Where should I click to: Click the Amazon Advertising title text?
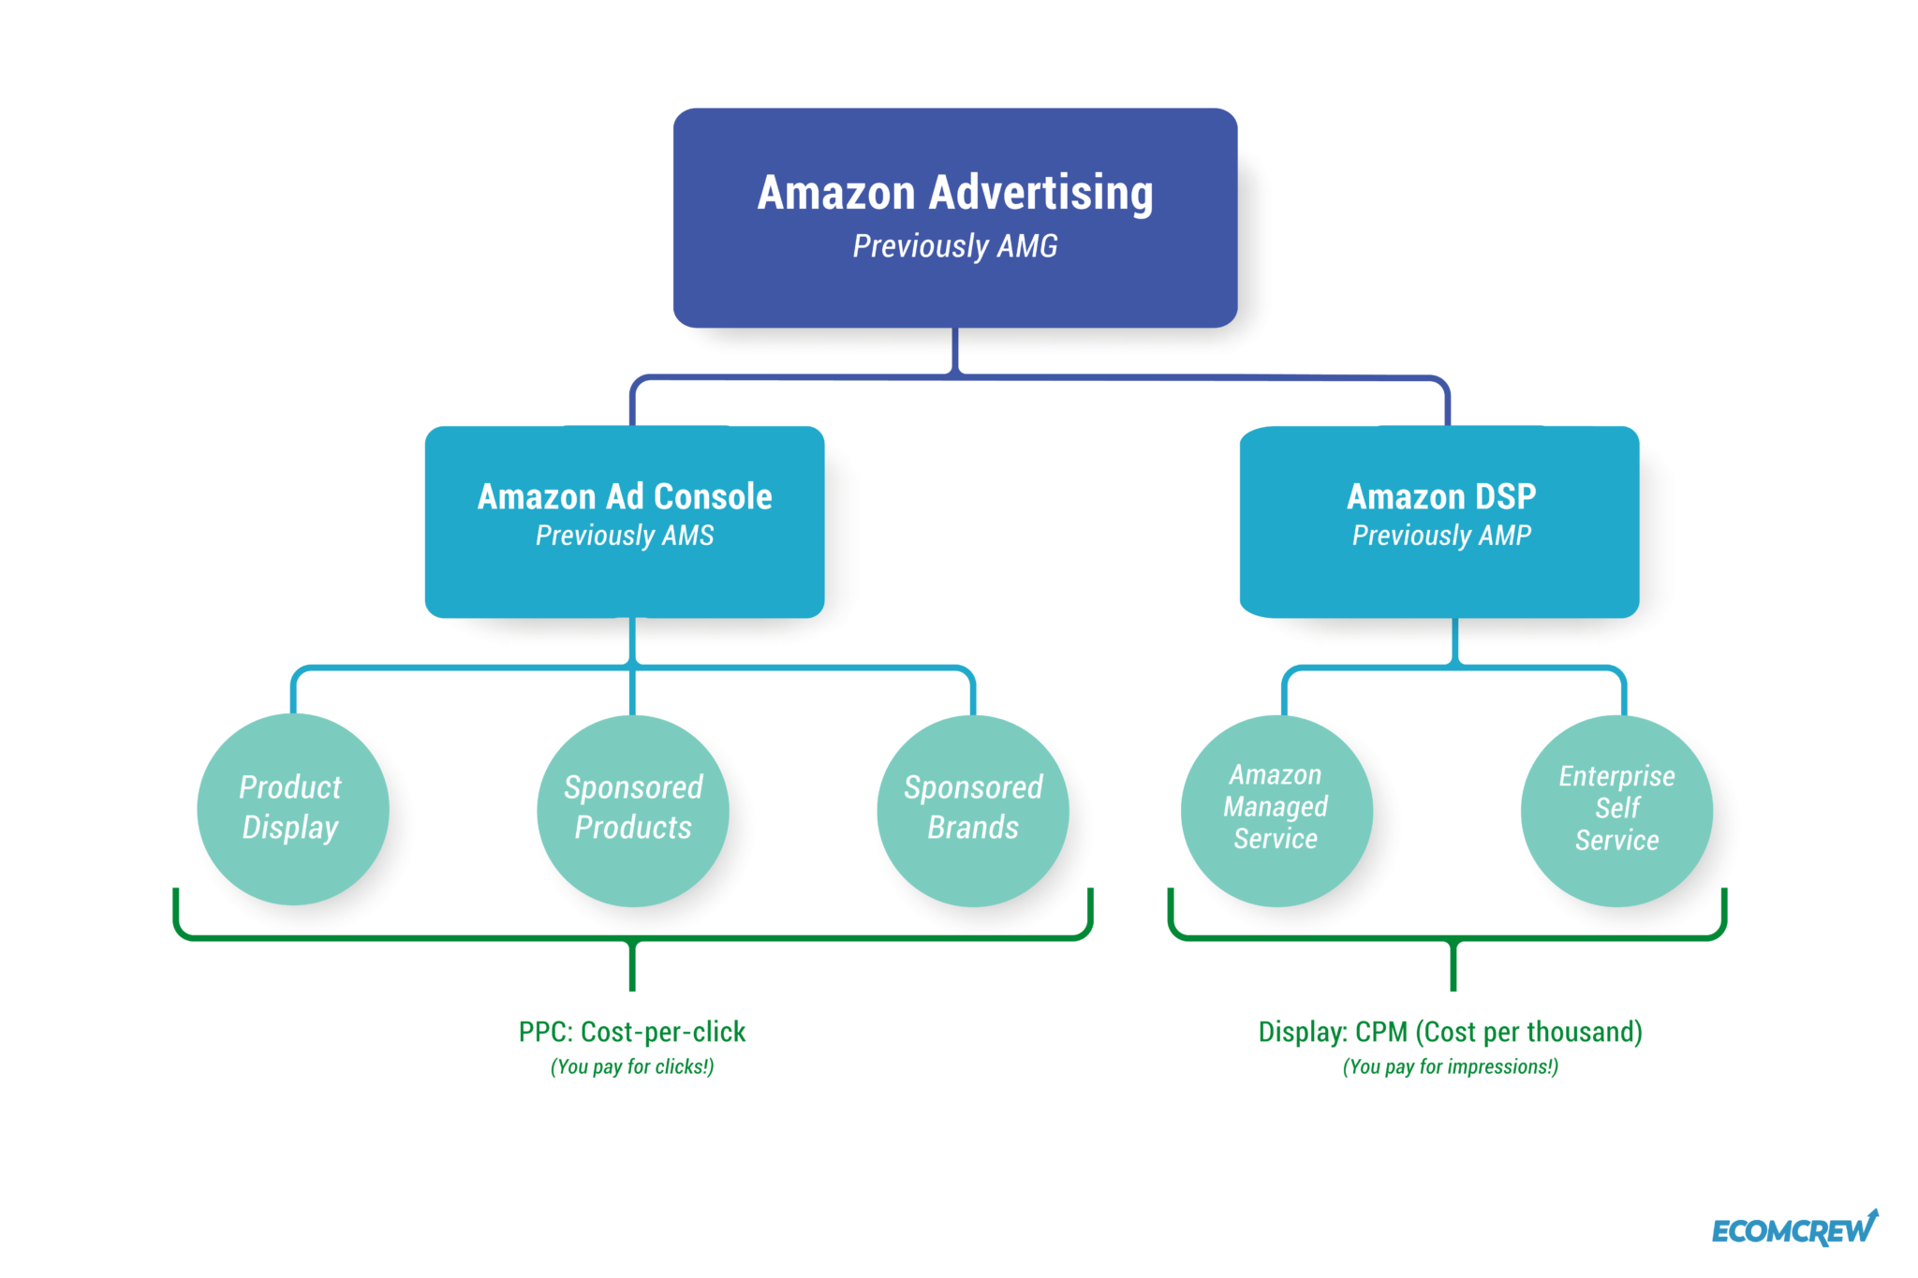coord(954,192)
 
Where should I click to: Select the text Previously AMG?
coord(954,246)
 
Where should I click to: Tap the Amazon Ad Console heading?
coord(625,496)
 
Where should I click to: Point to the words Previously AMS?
coord(625,536)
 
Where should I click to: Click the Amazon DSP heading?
coord(1440,496)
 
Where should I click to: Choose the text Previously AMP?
coord(1440,536)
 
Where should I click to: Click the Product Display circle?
coord(292,809)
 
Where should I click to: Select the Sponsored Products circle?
coord(633,811)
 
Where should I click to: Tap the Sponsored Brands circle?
coord(972,811)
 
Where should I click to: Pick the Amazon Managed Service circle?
coord(1276,811)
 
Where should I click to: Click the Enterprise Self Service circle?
coord(1616,811)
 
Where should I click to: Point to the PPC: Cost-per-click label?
coord(632,1032)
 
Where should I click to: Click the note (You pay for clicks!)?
coord(632,1066)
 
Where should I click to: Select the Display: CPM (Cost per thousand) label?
coord(1450,1032)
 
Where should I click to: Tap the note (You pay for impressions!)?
coord(1450,1066)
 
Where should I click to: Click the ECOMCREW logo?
coord(1793,1230)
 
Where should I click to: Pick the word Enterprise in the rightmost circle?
coord(1616,776)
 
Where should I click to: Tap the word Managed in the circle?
coord(1276,807)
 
